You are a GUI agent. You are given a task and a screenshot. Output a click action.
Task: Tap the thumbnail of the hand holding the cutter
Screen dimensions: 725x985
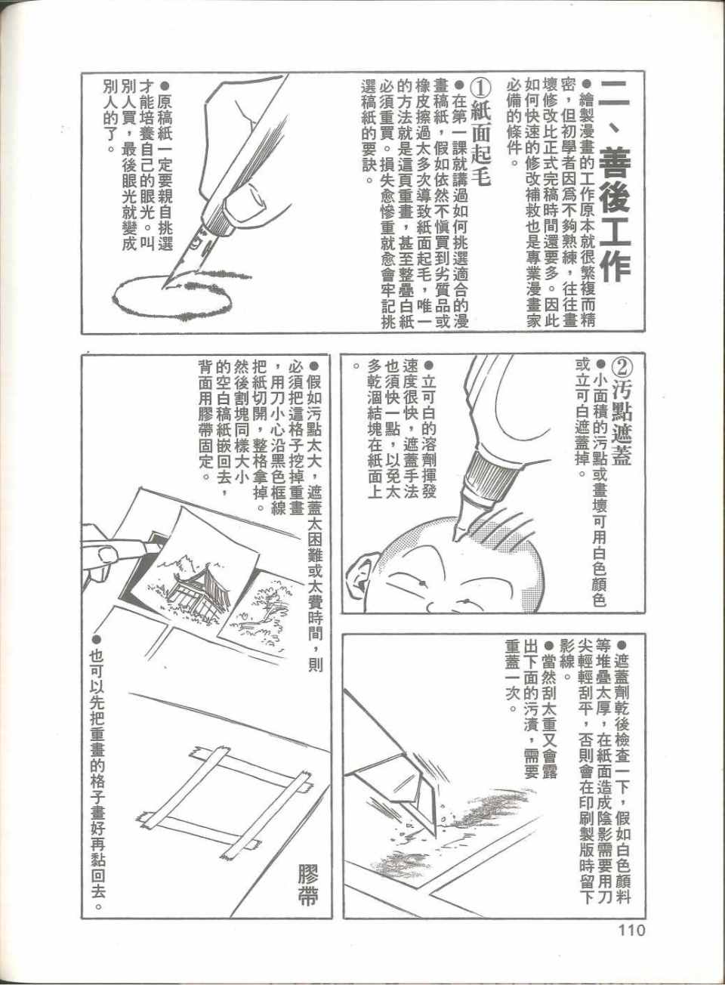(106, 555)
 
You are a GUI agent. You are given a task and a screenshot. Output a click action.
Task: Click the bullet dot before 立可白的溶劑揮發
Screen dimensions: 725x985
(429, 366)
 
